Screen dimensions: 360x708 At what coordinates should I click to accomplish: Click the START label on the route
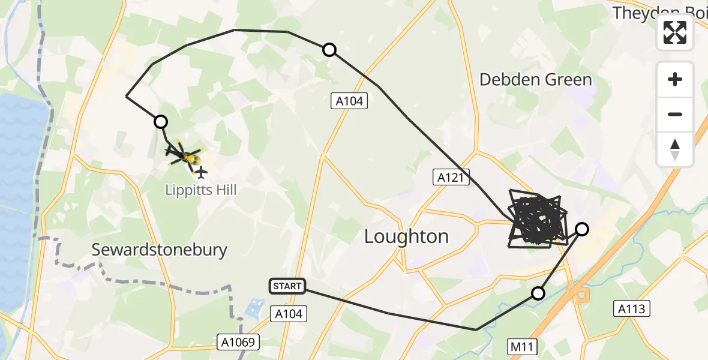coord(287,286)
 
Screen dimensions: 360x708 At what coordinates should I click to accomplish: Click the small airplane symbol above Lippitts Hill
coord(201,173)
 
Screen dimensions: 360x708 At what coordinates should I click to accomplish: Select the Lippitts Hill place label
coord(201,190)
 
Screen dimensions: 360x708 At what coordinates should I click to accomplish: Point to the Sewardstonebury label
coord(159,250)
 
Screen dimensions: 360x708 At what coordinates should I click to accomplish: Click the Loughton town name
coord(406,236)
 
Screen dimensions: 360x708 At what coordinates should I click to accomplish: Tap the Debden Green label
coord(535,80)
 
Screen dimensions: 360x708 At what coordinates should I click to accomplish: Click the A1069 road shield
coord(239,343)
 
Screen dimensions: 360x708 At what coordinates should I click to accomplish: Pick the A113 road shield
coord(632,308)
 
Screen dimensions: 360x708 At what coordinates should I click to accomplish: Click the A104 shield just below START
coord(289,313)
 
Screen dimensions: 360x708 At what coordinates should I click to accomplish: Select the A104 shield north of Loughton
coord(349,101)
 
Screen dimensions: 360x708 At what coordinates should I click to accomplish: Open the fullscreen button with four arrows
coord(675,32)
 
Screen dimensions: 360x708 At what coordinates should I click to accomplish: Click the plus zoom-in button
coord(675,79)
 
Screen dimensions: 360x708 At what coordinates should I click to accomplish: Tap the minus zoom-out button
coord(675,114)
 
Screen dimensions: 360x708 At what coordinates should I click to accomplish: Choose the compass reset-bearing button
coord(675,149)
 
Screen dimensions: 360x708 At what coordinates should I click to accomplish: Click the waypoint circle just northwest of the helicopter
coord(161,122)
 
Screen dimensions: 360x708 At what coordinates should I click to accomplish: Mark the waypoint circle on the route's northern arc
coord(329,50)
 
